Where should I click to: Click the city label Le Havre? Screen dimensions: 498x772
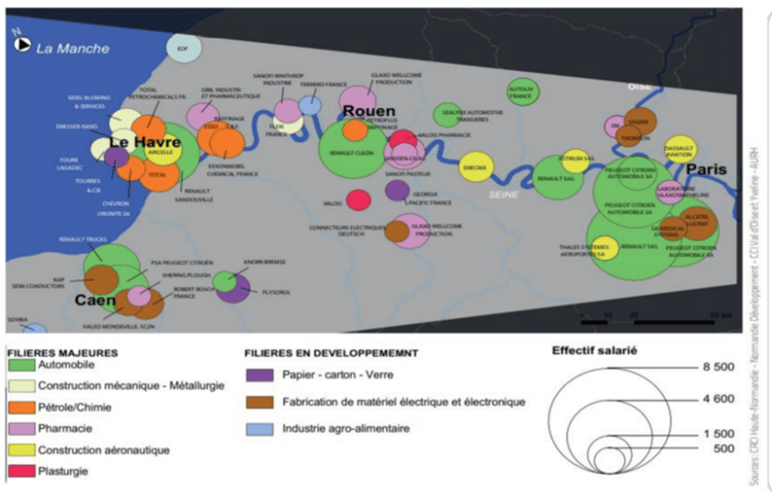(x=145, y=143)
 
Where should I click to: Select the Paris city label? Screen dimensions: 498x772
(x=706, y=169)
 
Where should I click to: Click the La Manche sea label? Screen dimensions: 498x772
(x=72, y=49)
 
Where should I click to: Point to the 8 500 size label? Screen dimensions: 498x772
(x=719, y=368)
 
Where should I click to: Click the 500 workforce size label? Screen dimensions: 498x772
(x=724, y=449)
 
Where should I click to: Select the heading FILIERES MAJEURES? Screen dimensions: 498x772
(x=62, y=352)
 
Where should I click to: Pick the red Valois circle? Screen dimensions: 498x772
(x=358, y=199)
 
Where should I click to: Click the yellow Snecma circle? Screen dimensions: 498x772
(x=476, y=167)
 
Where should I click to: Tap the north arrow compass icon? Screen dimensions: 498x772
(x=20, y=44)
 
